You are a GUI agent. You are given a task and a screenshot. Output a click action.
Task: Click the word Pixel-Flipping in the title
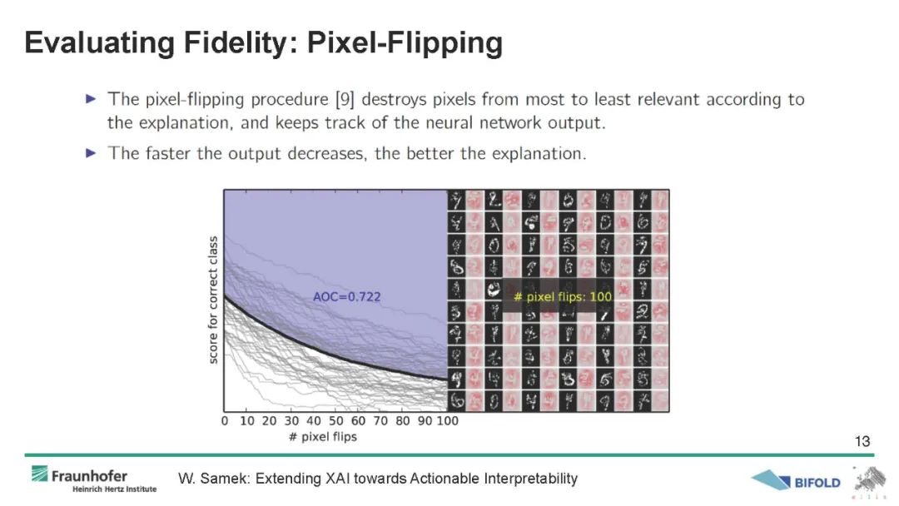pyautogui.click(x=405, y=43)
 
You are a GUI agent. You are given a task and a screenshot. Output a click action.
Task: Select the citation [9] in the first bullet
pyautogui.click(x=345, y=100)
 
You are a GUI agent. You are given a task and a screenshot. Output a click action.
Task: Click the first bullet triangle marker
pyautogui.click(x=91, y=98)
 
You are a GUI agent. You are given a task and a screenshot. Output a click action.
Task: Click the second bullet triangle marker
pyautogui.click(x=91, y=152)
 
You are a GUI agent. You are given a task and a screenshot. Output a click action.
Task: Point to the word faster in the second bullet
pyautogui.click(x=167, y=153)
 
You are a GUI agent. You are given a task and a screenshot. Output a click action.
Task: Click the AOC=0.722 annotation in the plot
pyautogui.click(x=347, y=297)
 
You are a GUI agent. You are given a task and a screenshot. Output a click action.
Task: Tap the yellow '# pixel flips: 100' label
pyautogui.click(x=563, y=297)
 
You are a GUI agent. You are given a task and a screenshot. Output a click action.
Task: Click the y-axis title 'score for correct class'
pyautogui.click(x=213, y=300)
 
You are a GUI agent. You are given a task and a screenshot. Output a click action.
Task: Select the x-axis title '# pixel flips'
pyautogui.click(x=323, y=437)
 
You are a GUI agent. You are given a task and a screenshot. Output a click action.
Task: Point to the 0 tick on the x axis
pyautogui.click(x=224, y=421)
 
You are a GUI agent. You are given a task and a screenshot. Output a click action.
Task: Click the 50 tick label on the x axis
pyautogui.click(x=336, y=421)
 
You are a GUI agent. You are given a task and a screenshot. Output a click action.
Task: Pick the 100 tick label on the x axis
pyautogui.click(x=448, y=421)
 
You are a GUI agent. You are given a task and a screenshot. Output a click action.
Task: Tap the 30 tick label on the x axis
pyautogui.click(x=291, y=421)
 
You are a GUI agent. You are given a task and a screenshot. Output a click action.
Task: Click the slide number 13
pyautogui.click(x=862, y=441)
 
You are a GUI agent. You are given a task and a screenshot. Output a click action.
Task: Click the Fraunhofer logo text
pyautogui.click(x=89, y=476)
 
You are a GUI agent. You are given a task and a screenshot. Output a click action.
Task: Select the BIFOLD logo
pyautogui.click(x=796, y=481)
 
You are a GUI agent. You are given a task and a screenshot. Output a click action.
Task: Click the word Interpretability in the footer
pyautogui.click(x=530, y=479)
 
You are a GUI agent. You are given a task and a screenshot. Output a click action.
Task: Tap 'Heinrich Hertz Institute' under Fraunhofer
pyautogui.click(x=115, y=489)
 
